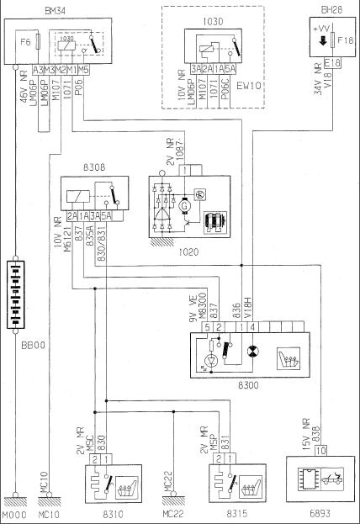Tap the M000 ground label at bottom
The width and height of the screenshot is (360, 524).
point(15,512)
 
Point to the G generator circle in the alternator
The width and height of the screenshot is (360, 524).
point(184,204)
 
